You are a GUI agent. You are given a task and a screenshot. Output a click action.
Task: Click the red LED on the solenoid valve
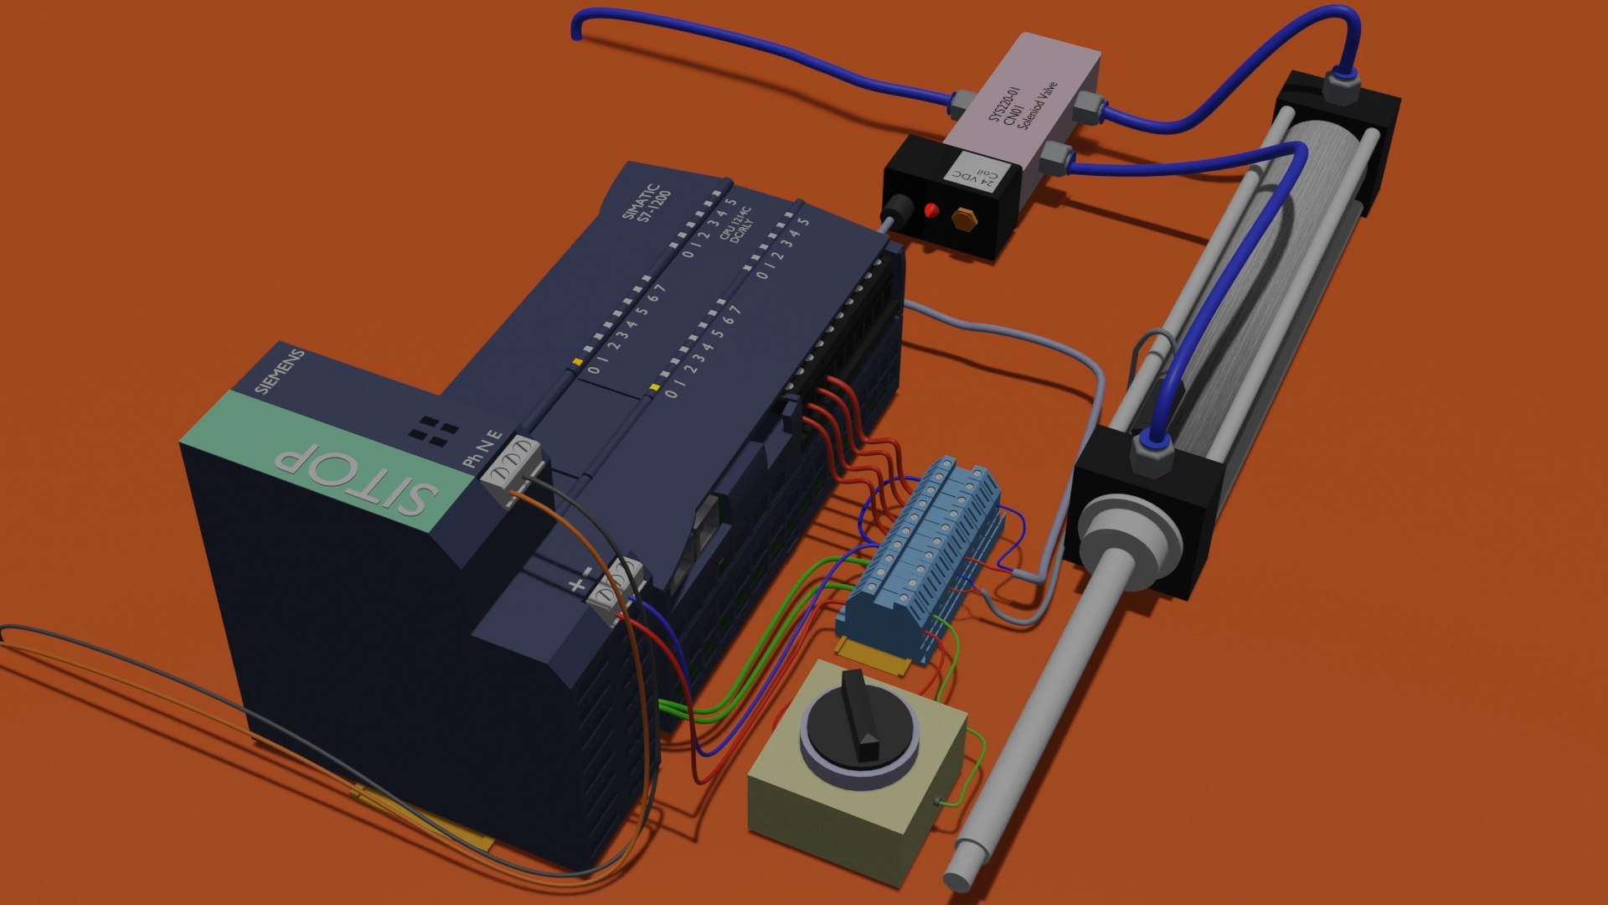point(930,209)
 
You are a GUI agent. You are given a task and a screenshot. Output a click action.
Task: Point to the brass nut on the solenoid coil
point(963,220)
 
